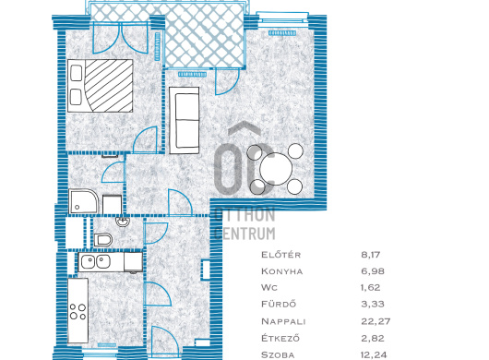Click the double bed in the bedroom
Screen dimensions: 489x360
coord(101,86)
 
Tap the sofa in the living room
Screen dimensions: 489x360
coord(185,120)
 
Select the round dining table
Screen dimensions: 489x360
coord(276,169)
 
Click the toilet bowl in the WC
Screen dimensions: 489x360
coord(103,240)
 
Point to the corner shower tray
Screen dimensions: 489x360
coord(83,201)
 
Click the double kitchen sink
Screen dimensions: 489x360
coord(95,262)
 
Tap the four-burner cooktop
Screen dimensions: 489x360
coord(78,312)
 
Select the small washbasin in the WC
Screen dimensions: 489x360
coord(123,222)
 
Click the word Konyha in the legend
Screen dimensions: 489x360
coord(282,271)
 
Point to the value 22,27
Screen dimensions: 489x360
coord(376,321)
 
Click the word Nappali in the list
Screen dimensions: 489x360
coord(283,321)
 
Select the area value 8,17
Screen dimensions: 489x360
coord(371,255)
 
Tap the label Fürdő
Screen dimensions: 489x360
coord(279,304)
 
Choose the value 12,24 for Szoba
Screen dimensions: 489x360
coord(374,355)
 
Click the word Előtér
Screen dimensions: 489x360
coord(281,255)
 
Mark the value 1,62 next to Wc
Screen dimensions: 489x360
coord(371,288)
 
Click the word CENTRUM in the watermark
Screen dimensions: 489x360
coord(245,234)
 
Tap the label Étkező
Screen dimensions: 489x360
coord(280,338)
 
